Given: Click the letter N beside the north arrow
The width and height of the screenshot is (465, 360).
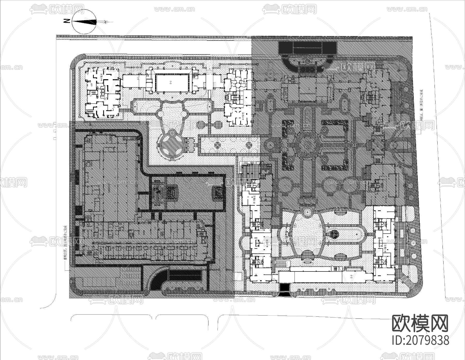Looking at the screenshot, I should (x=67, y=21).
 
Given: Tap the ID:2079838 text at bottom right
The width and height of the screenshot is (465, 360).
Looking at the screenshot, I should (x=420, y=340).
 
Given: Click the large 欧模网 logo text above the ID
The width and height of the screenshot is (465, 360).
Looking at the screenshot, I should (x=420, y=324).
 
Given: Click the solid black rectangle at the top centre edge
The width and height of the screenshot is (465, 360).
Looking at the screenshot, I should (x=308, y=48).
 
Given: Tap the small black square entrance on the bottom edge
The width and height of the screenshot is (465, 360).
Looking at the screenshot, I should (x=285, y=287).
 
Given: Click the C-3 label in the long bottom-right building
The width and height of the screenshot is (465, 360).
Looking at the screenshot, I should (x=351, y=277).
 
